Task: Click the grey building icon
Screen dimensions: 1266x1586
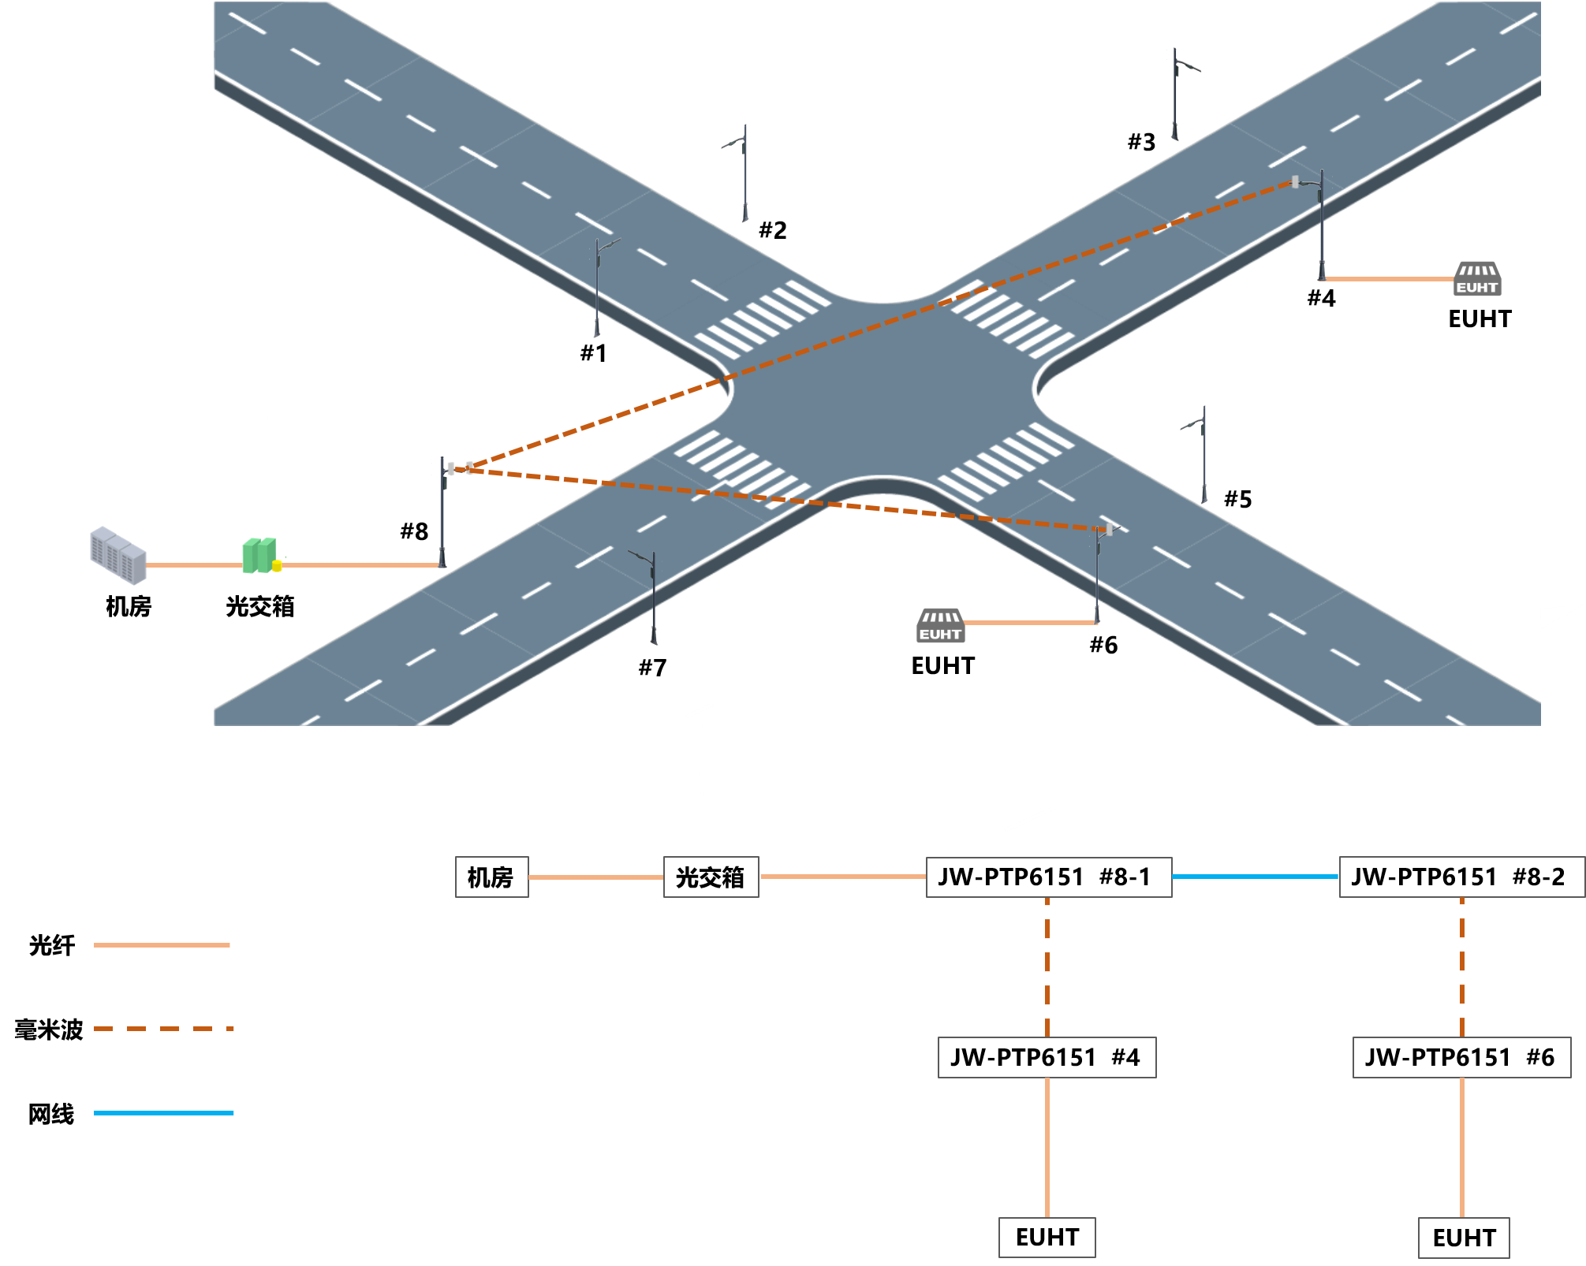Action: pyautogui.click(x=118, y=555)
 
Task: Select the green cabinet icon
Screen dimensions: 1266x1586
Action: pyautogui.click(x=259, y=555)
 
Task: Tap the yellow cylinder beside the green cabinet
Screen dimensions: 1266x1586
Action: pyautogui.click(x=277, y=565)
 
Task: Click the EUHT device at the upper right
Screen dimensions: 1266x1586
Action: pyautogui.click(x=1476, y=279)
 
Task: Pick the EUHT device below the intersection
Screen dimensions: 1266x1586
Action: pyautogui.click(x=940, y=625)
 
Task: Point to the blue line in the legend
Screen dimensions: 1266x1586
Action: pyautogui.click(x=163, y=1113)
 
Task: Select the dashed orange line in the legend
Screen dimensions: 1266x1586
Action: pyautogui.click(x=163, y=1029)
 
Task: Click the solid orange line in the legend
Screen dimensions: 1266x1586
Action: pyautogui.click(x=162, y=944)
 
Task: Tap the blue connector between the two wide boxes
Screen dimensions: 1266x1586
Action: pyautogui.click(x=1255, y=877)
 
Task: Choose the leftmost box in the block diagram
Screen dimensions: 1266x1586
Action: pyautogui.click(x=491, y=877)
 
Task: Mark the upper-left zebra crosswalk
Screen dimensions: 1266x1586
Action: pyautogui.click(x=762, y=320)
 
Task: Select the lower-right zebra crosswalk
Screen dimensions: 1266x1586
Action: pyautogui.click(x=1006, y=462)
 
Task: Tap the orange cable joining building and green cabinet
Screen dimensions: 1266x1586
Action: pyautogui.click(x=194, y=565)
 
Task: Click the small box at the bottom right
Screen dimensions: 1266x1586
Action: pyautogui.click(x=1464, y=1238)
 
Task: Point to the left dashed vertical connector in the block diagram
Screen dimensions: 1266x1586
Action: pyautogui.click(x=1047, y=966)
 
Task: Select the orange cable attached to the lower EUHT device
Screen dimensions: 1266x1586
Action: pyautogui.click(x=1030, y=623)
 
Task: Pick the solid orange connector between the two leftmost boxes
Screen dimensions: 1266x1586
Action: pyautogui.click(x=595, y=877)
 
